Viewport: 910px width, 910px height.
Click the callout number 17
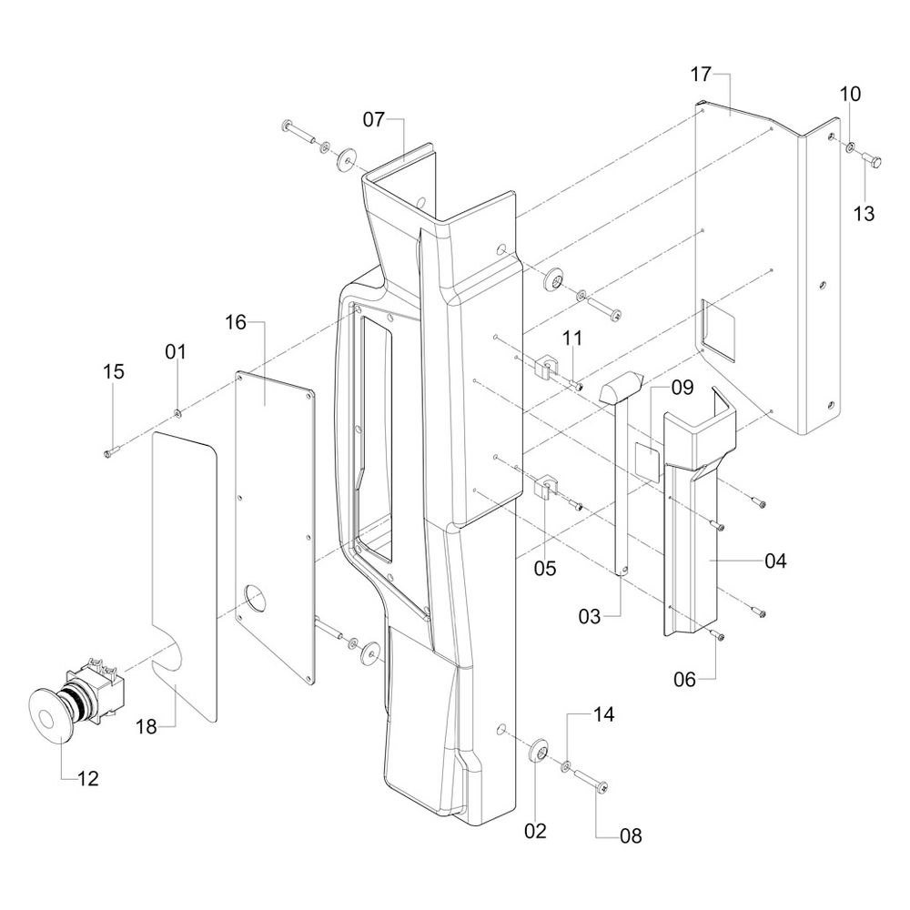click(x=700, y=75)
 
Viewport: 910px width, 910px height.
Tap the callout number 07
click(x=374, y=119)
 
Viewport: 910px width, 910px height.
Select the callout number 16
click(x=236, y=321)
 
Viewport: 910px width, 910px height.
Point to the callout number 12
click(x=87, y=779)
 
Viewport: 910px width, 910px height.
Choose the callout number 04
click(x=775, y=561)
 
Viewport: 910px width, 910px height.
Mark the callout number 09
click(x=682, y=388)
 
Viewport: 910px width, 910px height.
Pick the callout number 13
click(x=864, y=214)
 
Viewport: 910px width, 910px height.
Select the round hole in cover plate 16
click(x=258, y=600)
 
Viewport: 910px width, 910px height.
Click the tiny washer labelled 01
click(x=178, y=415)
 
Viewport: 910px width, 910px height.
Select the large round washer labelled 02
click(x=537, y=752)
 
